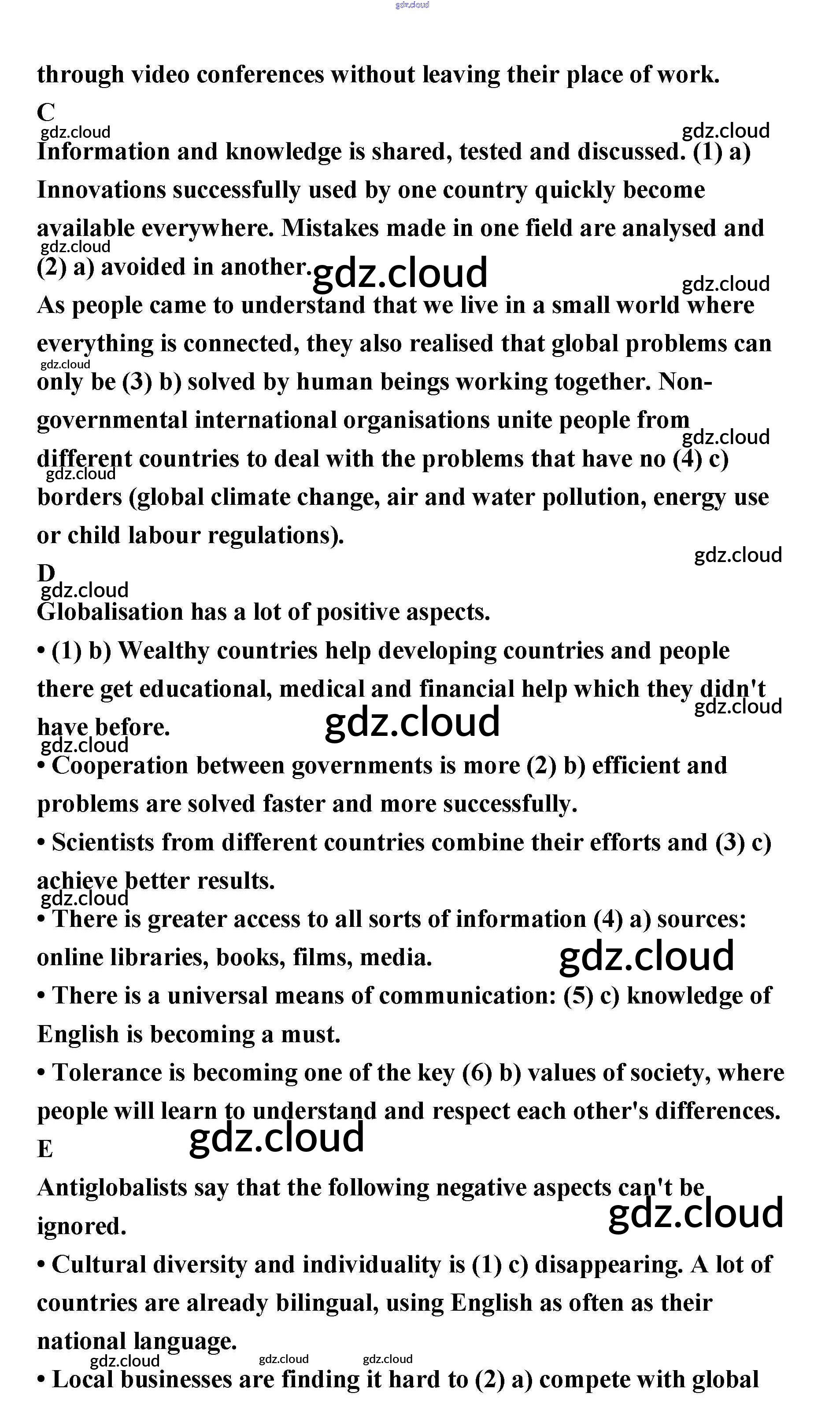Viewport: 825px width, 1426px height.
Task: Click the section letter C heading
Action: point(46,112)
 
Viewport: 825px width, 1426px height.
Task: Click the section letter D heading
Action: point(46,573)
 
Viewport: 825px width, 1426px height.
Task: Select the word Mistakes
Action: point(330,228)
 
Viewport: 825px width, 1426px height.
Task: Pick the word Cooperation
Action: point(120,766)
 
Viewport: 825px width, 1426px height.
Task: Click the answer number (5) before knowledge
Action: point(578,996)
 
